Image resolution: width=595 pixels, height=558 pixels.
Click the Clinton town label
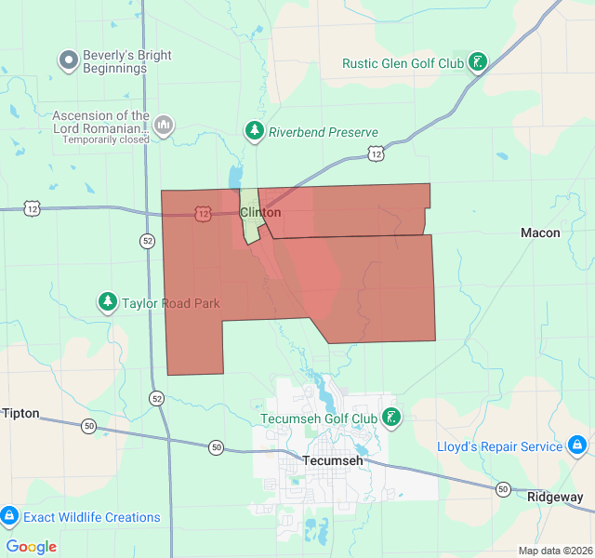[260, 213]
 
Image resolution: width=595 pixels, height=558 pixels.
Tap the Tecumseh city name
[332, 460]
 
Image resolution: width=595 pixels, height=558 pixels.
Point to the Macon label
[540, 232]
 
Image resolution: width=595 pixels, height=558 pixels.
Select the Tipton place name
[21, 413]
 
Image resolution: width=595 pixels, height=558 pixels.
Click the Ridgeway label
[555, 497]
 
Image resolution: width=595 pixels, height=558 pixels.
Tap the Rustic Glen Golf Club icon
[478, 63]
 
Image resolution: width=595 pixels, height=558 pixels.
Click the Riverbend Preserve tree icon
[254, 132]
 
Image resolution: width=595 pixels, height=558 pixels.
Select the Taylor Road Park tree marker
[109, 302]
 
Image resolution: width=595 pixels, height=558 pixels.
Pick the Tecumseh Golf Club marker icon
[393, 418]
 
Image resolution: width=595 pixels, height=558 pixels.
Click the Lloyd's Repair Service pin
[577, 446]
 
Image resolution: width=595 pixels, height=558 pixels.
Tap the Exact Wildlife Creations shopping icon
[10, 516]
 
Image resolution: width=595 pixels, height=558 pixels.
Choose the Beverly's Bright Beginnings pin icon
[68, 61]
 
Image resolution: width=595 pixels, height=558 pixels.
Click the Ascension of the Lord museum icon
[164, 124]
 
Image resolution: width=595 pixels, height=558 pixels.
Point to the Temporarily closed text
[106, 139]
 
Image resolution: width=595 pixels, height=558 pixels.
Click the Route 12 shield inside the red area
[204, 213]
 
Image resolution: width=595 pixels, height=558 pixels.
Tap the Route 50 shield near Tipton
[88, 426]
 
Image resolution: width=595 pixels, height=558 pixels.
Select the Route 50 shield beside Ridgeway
[502, 489]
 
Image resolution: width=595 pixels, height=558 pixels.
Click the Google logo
[32, 547]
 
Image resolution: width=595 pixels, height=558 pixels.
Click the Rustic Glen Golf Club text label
[403, 64]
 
